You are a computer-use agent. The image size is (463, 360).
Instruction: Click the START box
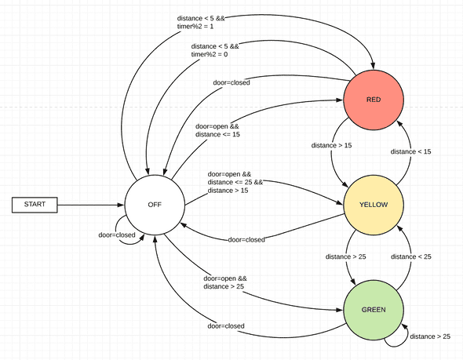tap(35, 205)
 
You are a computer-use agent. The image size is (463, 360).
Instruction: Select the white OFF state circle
tap(155, 205)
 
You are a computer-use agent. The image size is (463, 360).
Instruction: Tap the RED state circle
tap(373, 100)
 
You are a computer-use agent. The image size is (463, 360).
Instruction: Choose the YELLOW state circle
tap(373, 205)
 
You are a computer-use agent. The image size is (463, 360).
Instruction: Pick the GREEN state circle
tap(373, 309)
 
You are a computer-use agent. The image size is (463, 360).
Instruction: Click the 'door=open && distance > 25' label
tap(226, 282)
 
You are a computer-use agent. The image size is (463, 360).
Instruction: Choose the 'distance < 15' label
tap(410, 151)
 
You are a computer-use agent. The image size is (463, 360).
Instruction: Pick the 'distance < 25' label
tap(410, 256)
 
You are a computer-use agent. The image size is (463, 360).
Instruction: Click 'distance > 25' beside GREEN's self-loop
tap(430, 336)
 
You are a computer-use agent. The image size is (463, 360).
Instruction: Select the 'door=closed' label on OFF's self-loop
tap(115, 235)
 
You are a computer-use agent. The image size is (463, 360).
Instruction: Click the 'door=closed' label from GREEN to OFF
tap(226, 325)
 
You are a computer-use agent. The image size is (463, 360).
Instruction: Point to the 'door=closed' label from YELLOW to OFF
tap(246, 239)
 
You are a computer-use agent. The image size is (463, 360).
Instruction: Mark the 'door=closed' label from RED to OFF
tap(231, 82)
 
